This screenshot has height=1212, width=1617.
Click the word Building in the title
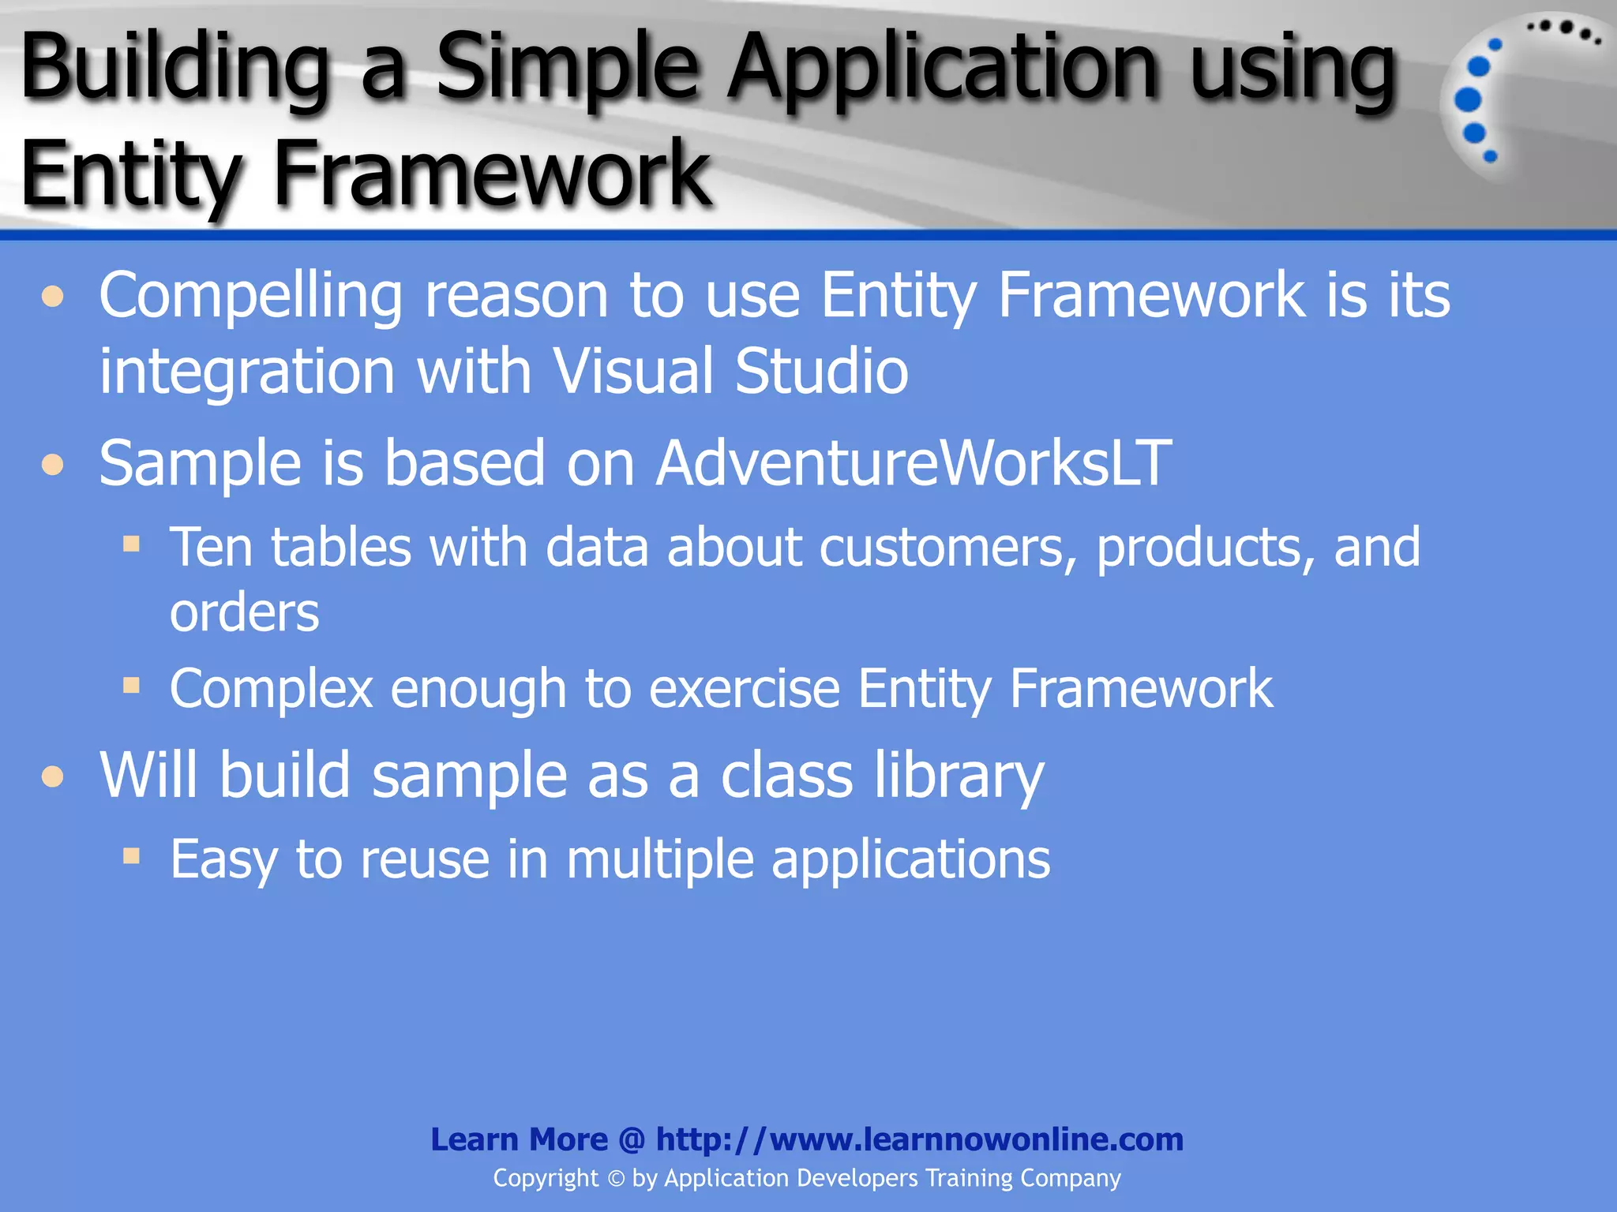(x=174, y=69)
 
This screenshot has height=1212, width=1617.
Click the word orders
(x=244, y=613)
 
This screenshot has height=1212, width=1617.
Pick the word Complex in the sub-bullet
(x=271, y=689)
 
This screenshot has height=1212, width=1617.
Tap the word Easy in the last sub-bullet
(x=223, y=860)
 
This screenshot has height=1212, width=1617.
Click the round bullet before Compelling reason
(x=53, y=297)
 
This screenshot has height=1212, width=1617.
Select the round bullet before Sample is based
(x=53, y=464)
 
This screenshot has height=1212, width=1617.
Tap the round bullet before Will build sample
(x=53, y=776)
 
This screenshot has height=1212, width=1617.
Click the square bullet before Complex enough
(x=131, y=685)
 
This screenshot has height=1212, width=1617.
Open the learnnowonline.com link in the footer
(x=919, y=1139)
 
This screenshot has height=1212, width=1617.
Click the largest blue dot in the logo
(x=1467, y=100)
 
